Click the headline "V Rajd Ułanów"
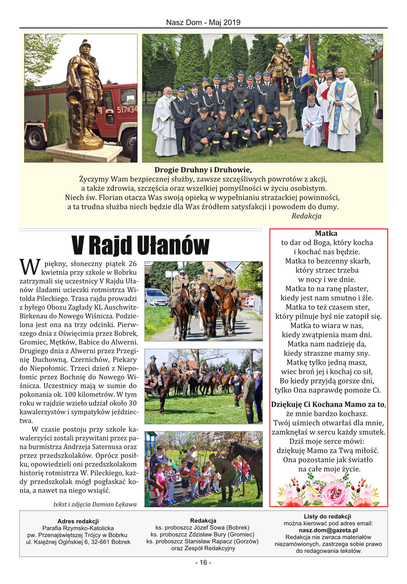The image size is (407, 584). tap(140, 246)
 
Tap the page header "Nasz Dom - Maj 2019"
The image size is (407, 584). tap(203, 23)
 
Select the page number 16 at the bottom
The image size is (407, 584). tap(203, 562)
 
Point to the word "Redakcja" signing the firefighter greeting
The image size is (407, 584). tap(306, 216)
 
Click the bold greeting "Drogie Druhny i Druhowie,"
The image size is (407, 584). tap(203, 170)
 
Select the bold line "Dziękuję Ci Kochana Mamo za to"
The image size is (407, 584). tap(328, 404)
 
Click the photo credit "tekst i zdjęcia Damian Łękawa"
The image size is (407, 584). tap(95, 504)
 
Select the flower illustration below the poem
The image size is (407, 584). tap(328, 489)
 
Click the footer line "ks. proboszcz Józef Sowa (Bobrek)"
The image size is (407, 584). tap(203, 527)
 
